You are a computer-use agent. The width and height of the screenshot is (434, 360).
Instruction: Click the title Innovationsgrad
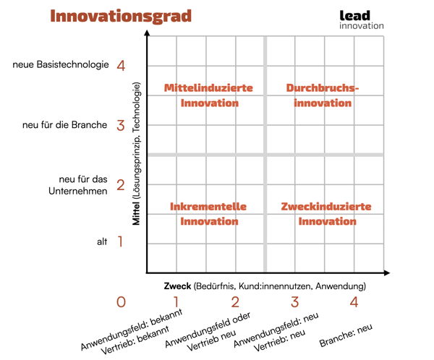121,17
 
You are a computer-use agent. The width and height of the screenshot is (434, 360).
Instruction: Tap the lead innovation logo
362,20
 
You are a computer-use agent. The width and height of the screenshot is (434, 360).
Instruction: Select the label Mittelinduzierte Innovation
208,95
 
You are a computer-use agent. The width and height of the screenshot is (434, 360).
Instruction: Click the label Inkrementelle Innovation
208,214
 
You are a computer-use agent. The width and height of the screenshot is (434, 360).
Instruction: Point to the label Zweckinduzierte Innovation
326,214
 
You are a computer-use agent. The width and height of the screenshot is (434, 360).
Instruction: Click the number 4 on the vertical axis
121,66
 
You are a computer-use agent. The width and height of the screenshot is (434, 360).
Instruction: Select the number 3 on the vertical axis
121,126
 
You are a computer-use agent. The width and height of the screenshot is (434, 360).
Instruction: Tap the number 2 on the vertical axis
121,186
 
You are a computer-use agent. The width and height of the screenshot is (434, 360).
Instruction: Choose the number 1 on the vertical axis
121,241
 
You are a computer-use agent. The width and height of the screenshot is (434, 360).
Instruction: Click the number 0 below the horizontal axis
121,302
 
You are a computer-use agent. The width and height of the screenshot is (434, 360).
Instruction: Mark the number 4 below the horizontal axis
354,302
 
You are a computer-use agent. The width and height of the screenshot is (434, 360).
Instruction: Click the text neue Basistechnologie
61,65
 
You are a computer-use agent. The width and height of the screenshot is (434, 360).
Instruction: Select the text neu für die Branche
65,125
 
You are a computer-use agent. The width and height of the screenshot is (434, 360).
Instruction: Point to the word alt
102,241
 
